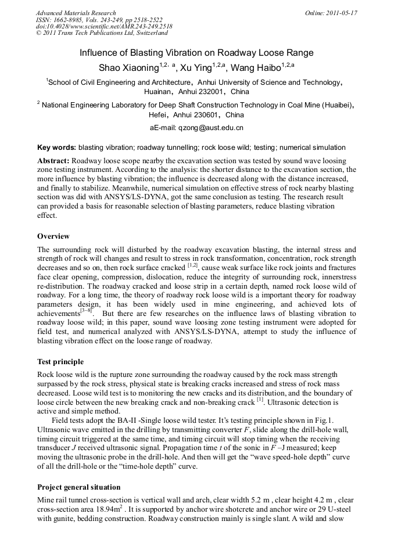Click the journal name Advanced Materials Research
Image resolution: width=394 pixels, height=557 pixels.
pos(76,13)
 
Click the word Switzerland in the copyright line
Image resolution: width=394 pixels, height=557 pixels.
pos(150,33)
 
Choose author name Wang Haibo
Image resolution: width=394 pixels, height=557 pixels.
pos(256,67)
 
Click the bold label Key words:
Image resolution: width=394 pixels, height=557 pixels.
pos(56,148)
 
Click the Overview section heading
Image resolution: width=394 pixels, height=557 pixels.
pos(53,236)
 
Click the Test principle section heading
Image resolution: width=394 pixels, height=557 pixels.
pos(60,362)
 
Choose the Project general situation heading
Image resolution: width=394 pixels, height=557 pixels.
pos(79,487)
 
